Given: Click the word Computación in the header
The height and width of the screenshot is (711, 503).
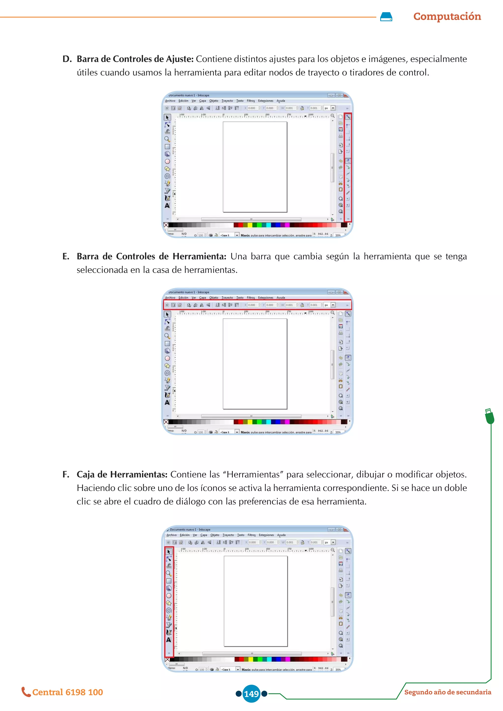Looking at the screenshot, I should tap(447, 16).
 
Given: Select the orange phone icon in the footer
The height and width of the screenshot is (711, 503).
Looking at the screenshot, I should tap(26, 692).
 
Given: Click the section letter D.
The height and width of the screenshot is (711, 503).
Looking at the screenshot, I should tap(67, 59).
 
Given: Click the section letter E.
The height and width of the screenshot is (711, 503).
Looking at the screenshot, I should tap(66, 256).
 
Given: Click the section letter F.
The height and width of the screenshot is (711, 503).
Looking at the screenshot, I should tap(66, 474).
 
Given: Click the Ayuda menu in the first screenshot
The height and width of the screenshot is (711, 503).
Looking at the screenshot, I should tap(281, 101).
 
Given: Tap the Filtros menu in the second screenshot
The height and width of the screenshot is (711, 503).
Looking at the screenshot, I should tap(251, 298).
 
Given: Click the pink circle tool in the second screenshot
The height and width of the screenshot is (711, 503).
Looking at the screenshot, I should tap(167, 358).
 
